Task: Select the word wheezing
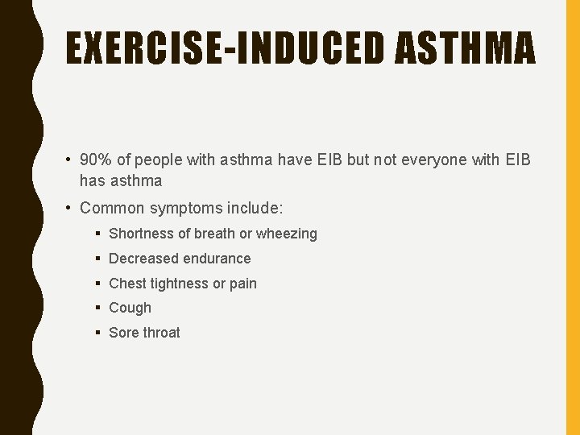coord(287,234)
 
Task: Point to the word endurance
coord(217,259)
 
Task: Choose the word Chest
coord(126,284)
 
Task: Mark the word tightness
coord(178,284)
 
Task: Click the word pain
coord(243,284)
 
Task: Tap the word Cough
coord(130,308)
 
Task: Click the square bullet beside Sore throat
coord(96,333)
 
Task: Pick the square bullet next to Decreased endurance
coord(96,259)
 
